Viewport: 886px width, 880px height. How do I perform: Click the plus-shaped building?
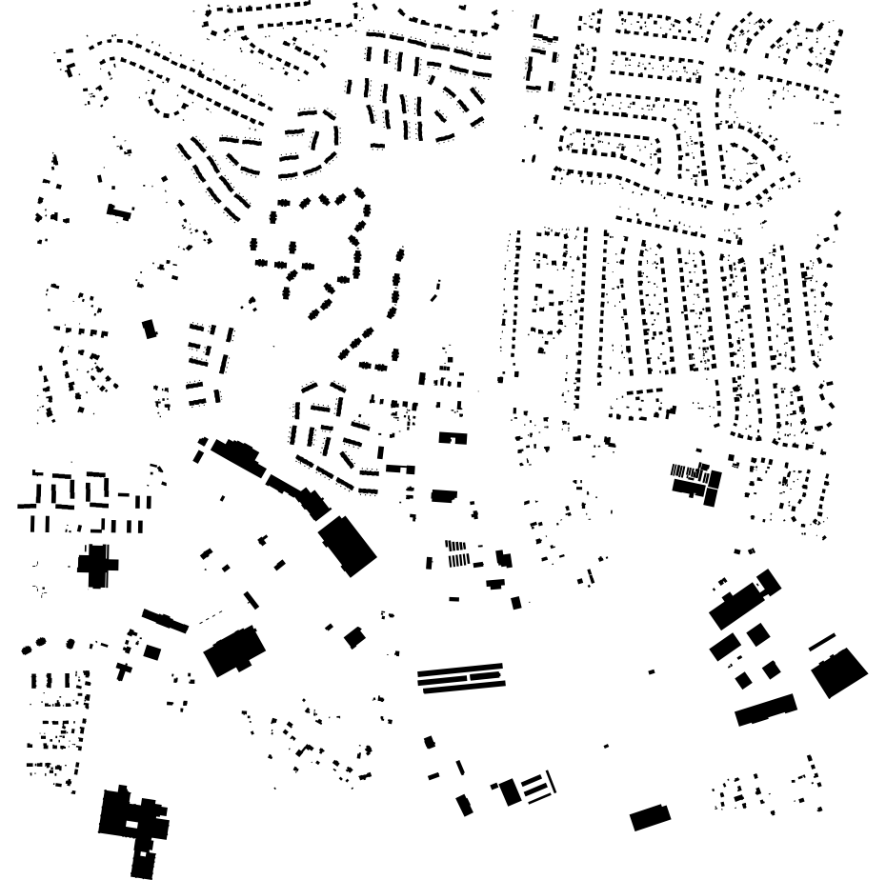[x=96, y=564]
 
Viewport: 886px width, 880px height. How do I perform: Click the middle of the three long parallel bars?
[x=460, y=676]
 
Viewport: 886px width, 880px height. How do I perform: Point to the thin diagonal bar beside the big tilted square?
[x=821, y=642]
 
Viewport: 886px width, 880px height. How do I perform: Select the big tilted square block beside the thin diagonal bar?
[x=839, y=671]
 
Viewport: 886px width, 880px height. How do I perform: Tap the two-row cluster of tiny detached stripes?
[x=457, y=553]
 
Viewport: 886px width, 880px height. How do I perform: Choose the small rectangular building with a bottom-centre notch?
[x=452, y=438]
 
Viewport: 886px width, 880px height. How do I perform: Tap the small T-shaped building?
[x=123, y=669]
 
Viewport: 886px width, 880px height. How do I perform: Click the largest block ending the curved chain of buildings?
[x=347, y=545]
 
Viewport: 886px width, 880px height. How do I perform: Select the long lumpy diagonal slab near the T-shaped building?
[x=165, y=621]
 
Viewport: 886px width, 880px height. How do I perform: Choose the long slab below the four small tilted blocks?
[x=765, y=709]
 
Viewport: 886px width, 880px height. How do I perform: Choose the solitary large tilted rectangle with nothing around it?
[x=650, y=817]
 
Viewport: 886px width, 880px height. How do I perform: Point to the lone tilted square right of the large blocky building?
[x=354, y=637]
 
